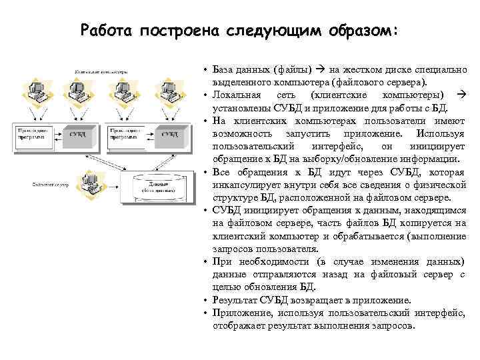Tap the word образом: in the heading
(x=361, y=31)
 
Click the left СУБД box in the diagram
(x=77, y=134)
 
